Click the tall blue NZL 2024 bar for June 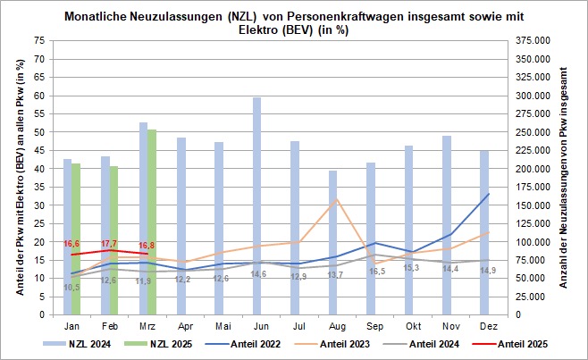tap(256, 205)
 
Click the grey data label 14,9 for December tap(488, 270)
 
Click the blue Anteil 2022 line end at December tap(487, 194)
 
